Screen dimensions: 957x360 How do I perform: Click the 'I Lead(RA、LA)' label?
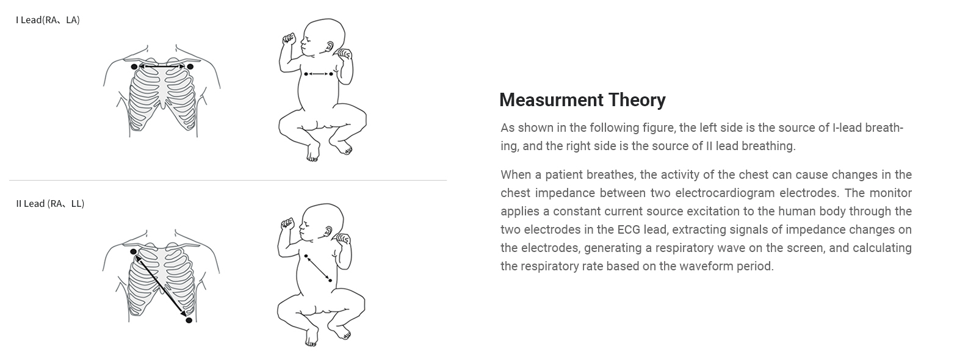tap(48, 20)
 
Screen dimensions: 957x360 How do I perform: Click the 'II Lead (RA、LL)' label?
tap(50, 204)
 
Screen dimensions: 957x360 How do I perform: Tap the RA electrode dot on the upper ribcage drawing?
tap(134, 67)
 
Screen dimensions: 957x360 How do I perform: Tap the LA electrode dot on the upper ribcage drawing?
tap(190, 67)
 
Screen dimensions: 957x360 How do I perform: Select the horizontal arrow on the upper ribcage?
tap(162, 67)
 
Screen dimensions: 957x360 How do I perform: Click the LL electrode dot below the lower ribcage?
tap(189, 320)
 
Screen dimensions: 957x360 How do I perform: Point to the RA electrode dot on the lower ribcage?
tap(133, 252)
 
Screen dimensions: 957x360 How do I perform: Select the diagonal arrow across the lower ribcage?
tap(161, 286)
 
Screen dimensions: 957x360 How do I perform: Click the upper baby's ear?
tap(330, 46)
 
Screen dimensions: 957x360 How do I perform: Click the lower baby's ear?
tap(328, 231)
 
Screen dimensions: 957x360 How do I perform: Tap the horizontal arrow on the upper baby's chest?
tap(319, 74)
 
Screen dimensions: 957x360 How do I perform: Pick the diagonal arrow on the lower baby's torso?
tap(318, 268)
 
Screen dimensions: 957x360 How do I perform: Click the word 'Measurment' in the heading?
tap(552, 100)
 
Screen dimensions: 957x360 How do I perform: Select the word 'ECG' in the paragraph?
tap(629, 230)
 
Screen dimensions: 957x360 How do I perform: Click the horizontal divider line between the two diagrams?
tap(228, 180)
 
